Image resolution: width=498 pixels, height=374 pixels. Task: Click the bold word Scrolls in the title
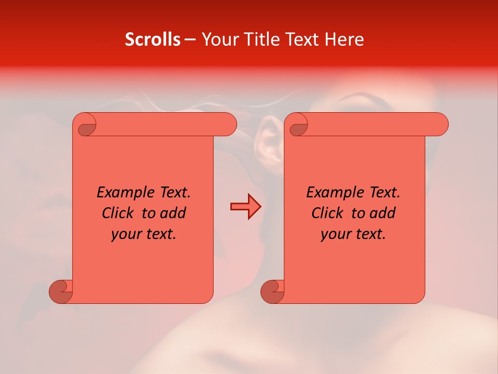click(153, 39)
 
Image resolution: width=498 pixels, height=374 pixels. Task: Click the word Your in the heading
click(219, 39)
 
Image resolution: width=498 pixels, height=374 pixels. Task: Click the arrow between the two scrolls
click(245, 207)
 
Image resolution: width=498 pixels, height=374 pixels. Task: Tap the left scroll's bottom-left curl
click(61, 291)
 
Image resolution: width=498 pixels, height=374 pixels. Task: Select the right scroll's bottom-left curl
click(272, 291)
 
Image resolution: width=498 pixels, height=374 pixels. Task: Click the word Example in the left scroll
click(121, 193)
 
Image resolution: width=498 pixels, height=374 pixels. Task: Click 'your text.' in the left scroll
click(144, 234)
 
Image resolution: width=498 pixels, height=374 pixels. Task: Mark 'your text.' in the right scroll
click(353, 234)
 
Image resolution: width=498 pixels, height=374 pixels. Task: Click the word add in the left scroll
click(173, 213)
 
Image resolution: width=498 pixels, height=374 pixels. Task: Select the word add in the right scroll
click(383, 213)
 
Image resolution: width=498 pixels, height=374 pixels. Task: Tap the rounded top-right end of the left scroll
click(228, 125)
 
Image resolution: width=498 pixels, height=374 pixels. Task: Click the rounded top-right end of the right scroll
click(440, 125)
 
